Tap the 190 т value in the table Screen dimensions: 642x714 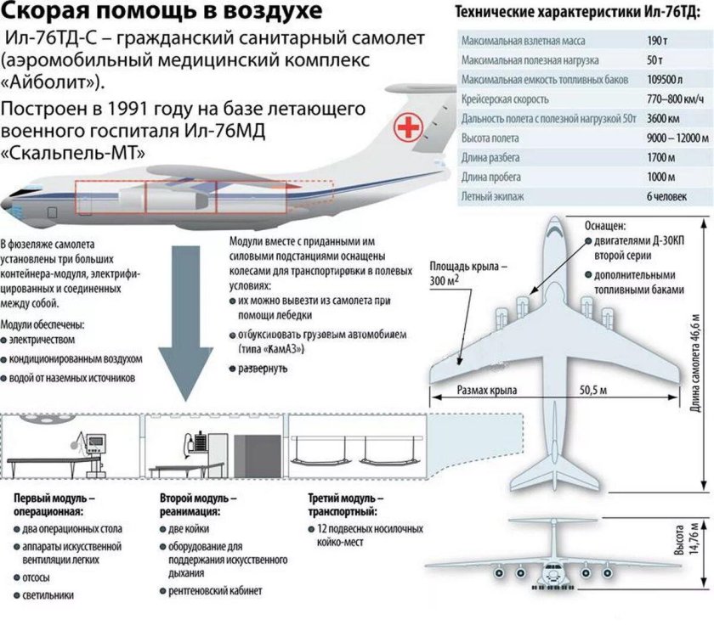657,41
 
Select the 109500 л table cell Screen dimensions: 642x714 665,80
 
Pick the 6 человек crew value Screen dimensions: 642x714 669,196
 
